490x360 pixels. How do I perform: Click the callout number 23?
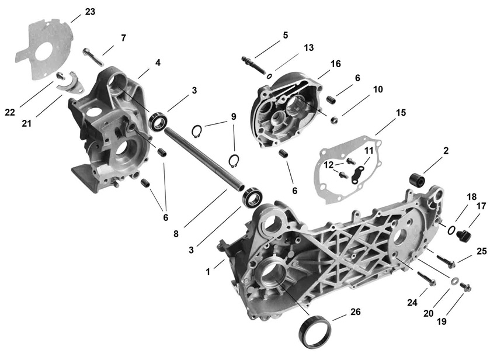(90, 11)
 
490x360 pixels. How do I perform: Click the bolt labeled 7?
(94, 57)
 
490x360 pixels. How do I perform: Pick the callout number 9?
(234, 116)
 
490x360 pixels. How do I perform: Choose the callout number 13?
(309, 47)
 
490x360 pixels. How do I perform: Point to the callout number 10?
(378, 89)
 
